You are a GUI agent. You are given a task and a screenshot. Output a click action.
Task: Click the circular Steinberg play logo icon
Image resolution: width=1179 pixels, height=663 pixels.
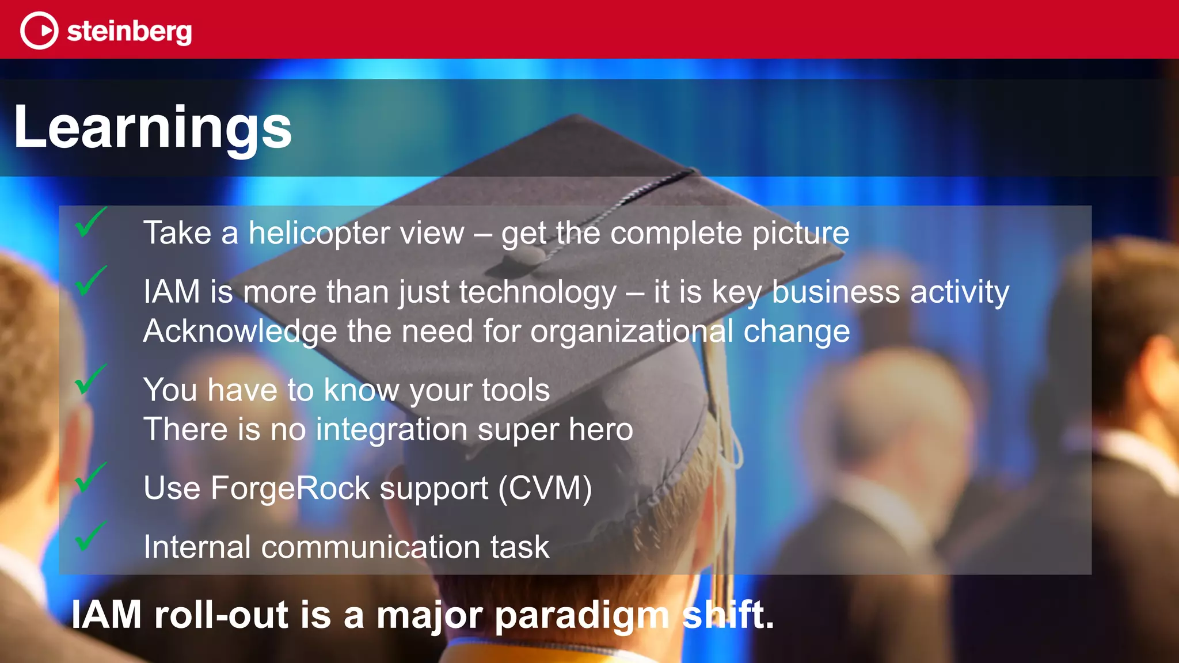(39, 31)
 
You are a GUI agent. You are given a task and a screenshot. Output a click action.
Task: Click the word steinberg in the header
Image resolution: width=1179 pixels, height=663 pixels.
(129, 31)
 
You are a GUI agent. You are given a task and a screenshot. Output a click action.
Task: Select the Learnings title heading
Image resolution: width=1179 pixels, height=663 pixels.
(153, 127)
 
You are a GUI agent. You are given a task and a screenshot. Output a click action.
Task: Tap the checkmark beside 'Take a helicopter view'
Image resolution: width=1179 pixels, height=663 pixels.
(90, 222)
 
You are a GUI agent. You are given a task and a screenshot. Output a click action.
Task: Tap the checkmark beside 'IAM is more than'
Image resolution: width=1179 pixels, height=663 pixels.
(90, 281)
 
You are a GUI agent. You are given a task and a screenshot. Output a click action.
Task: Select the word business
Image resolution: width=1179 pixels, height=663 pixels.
(835, 292)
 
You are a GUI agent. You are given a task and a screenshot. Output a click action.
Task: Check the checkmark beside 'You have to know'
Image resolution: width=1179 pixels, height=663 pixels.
(90, 379)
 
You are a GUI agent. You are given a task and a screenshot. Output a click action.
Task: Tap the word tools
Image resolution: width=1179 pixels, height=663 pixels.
(516, 390)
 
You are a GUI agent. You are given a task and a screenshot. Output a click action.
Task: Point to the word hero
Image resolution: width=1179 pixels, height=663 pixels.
(600, 429)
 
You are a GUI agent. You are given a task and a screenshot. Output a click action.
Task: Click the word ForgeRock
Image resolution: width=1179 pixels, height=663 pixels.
(291, 488)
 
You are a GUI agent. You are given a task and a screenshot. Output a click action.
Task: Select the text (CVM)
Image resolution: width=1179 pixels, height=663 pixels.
(545, 488)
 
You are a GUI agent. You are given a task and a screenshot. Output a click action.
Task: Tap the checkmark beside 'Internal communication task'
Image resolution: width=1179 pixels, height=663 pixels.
(90, 536)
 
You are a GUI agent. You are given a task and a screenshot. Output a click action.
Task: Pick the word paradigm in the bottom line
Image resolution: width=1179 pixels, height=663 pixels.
(582, 615)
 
